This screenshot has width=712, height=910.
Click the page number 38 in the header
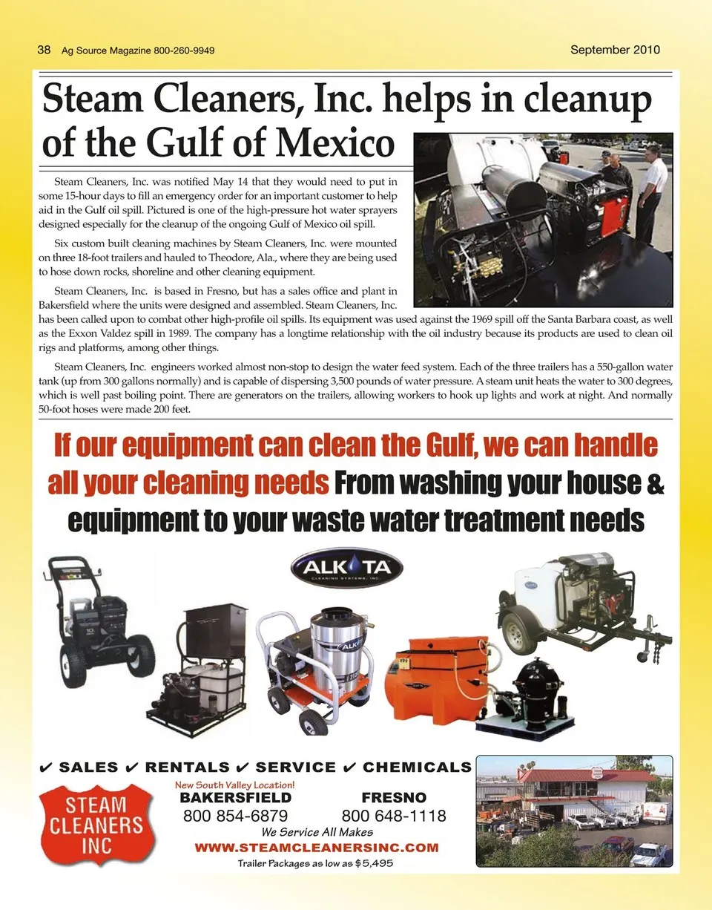44,50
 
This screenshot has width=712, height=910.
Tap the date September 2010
615,50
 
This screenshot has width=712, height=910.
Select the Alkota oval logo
346,569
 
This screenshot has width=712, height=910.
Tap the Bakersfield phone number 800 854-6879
235,816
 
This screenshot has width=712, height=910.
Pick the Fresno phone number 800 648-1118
394,816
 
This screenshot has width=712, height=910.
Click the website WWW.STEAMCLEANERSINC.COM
316,848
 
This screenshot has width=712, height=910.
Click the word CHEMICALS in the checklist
417,767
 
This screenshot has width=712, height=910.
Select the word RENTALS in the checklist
187,767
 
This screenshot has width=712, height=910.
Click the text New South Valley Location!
234,785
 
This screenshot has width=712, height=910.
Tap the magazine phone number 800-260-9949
185,51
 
